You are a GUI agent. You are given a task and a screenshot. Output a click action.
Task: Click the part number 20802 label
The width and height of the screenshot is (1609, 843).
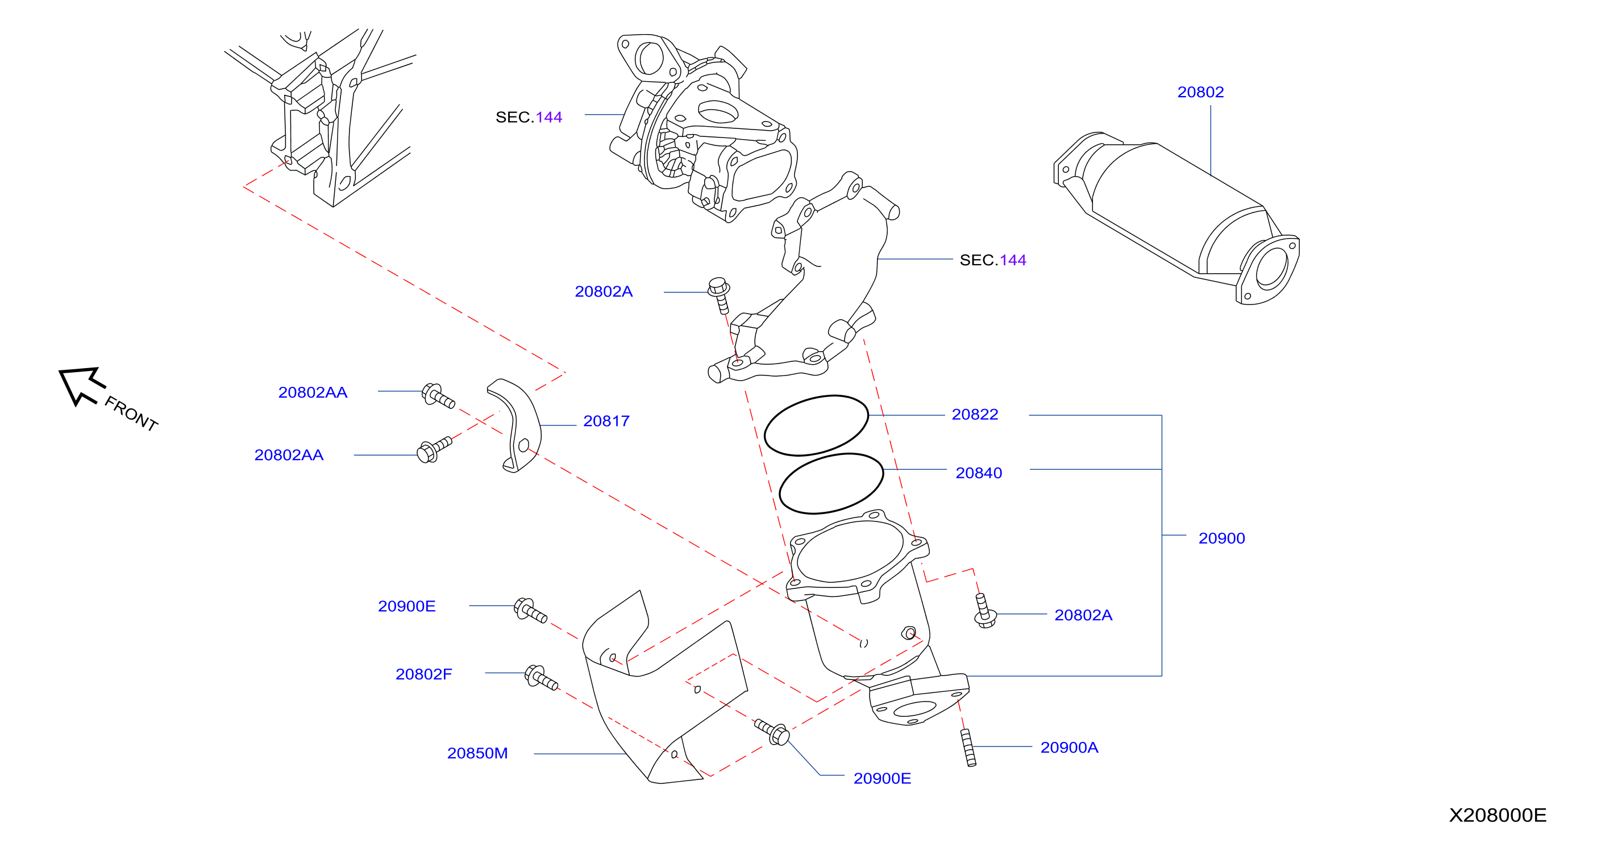[x=1200, y=93]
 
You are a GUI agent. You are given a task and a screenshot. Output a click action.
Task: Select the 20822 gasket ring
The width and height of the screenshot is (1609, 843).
[x=816, y=396]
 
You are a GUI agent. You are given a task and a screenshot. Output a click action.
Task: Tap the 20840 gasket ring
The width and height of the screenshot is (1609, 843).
[x=831, y=454]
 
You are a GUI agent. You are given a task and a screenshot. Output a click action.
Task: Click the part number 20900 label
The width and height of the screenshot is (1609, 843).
[x=1221, y=539]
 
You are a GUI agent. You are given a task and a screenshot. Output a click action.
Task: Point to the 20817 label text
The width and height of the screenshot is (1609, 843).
[x=606, y=421]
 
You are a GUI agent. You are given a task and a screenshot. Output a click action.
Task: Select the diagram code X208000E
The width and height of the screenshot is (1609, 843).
[x=1497, y=816]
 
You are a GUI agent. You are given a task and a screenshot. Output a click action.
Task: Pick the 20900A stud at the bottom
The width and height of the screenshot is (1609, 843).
[x=968, y=748]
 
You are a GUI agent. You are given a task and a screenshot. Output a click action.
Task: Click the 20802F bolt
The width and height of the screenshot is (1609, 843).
[x=541, y=678]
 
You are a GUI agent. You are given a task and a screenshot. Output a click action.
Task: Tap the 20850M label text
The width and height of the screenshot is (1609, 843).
[x=477, y=754]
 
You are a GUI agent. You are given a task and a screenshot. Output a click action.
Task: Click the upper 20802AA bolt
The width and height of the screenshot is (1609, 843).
[x=438, y=396]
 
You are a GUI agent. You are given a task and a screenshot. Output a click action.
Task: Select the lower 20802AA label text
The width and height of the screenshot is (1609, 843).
[x=289, y=455]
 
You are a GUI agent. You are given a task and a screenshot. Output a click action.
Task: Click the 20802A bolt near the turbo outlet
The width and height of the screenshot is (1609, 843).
[x=720, y=295]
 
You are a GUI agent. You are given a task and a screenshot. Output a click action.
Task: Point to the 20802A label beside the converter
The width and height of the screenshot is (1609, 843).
[x=1083, y=616]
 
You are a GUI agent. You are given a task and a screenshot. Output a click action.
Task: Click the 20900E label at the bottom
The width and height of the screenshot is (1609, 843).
[x=882, y=779]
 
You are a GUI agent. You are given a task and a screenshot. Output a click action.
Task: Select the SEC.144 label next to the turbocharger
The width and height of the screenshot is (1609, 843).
[x=529, y=118]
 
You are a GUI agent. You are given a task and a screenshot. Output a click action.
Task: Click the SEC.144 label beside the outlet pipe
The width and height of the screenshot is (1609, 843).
[x=992, y=260]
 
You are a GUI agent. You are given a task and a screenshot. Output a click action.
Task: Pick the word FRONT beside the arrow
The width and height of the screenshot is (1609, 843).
[x=131, y=414]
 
